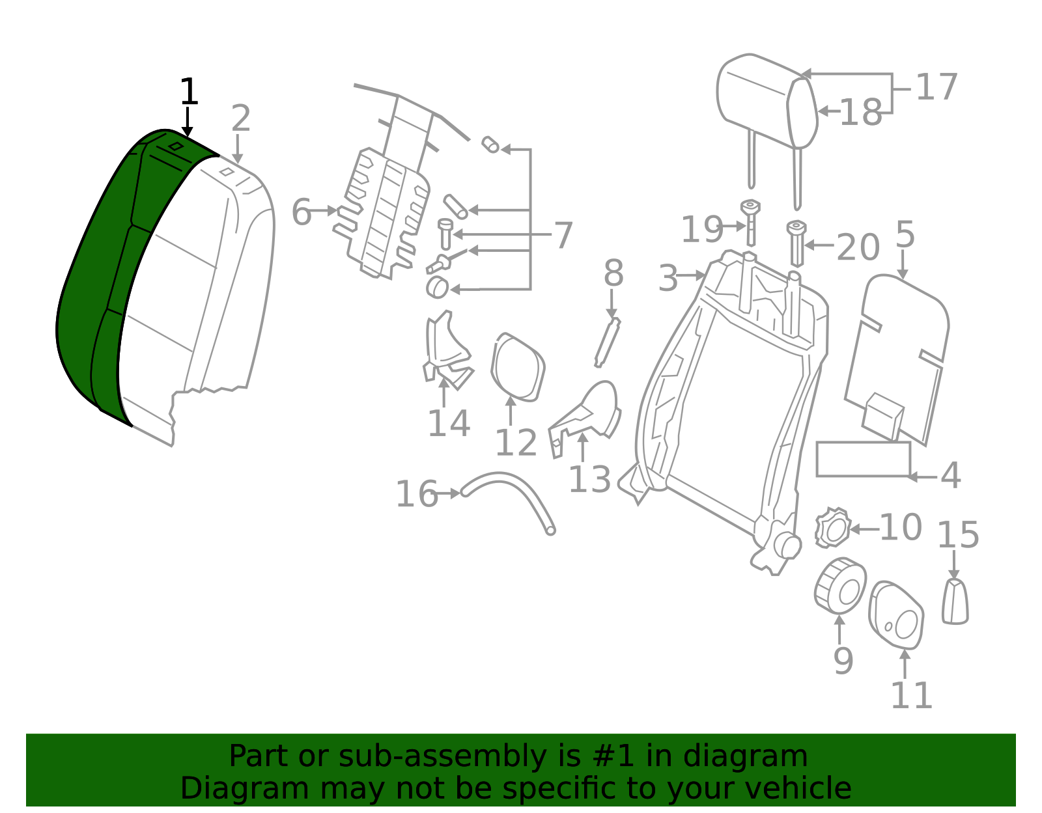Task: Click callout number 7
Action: tap(563, 235)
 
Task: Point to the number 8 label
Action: tap(613, 273)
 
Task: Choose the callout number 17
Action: tap(936, 87)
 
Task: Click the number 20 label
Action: tap(858, 247)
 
